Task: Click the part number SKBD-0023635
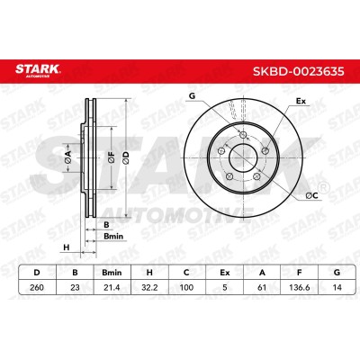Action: pyautogui.click(x=299, y=71)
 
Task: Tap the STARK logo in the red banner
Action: pyautogui.click(x=38, y=70)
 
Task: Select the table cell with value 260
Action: pyautogui.click(x=37, y=287)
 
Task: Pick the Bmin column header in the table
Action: pyautogui.click(x=112, y=273)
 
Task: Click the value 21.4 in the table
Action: pyautogui.click(x=112, y=287)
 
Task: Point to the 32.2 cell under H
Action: pyautogui.click(x=149, y=287)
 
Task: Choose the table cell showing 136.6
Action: pyautogui.click(x=299, y=287)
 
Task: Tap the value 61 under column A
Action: pyautogui.click(x=262, y=287)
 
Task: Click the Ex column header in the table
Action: pyautogui.click(x=224, y=273)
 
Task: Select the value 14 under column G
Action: pyautogui.click(x=337, y=287)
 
